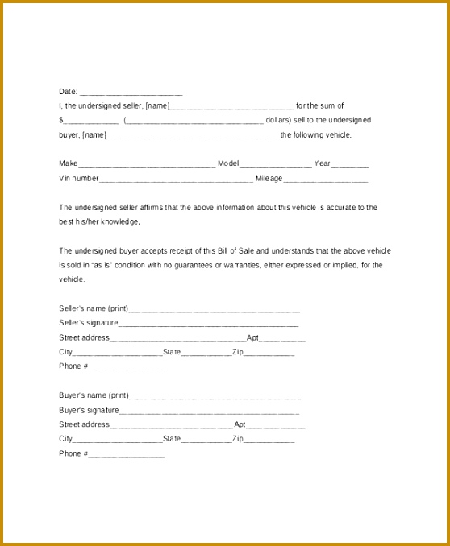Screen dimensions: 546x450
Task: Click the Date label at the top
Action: point(68,92)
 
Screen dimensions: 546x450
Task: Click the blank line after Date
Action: point(131,93)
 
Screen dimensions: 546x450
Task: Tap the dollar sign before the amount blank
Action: point(61,121)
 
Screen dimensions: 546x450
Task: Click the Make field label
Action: point(68,163)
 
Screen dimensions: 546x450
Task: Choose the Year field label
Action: point(322,163)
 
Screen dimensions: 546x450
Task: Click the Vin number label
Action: point(78,178)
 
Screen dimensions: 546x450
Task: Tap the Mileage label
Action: point(269,178)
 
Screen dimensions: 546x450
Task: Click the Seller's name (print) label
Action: point(94,308)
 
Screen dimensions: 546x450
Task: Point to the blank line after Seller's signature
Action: point(209,324)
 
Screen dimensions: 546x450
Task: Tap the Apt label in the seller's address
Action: point(252,337)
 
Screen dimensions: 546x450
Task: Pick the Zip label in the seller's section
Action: point(238,352)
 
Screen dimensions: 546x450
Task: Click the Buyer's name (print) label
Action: point(94,395)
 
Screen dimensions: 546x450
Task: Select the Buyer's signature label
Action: point(89,410)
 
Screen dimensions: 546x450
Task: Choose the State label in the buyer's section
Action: point(172,439)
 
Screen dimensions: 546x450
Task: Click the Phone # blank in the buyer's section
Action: point(126,455)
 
